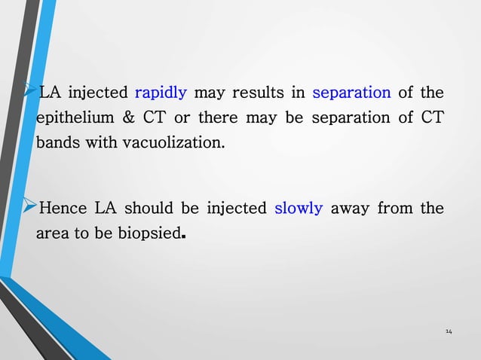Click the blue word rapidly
161,93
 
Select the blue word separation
351,93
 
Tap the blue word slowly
299,209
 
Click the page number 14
449,331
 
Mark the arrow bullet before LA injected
30,92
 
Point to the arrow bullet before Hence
30,207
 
